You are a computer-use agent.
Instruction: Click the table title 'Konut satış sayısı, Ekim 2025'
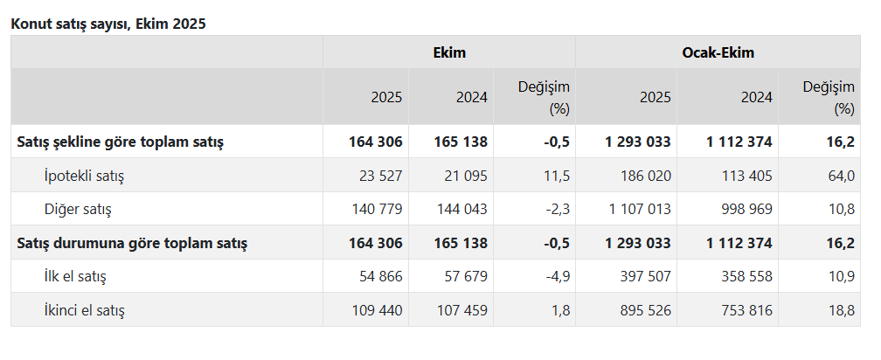[108, 24]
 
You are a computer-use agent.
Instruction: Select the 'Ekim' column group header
[449, 52]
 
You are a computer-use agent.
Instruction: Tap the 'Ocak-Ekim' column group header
[718, 52]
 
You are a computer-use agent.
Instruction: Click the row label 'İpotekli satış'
[84, 176]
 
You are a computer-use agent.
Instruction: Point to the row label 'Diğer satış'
[78, 210]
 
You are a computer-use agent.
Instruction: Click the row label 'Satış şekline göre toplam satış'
[121, 142]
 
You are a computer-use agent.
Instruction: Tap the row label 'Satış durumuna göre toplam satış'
[132, 243]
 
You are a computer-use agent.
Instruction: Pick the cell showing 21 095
[463, 176]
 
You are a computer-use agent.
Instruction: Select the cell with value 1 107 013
[638, 210]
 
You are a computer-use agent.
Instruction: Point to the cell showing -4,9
[555, 276]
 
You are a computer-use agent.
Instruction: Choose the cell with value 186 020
[646, 176]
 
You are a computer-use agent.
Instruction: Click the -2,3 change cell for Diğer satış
[555, 210]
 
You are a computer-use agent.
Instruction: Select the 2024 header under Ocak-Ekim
[756, 97]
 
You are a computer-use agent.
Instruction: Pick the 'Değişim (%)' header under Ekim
[544, 97]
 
